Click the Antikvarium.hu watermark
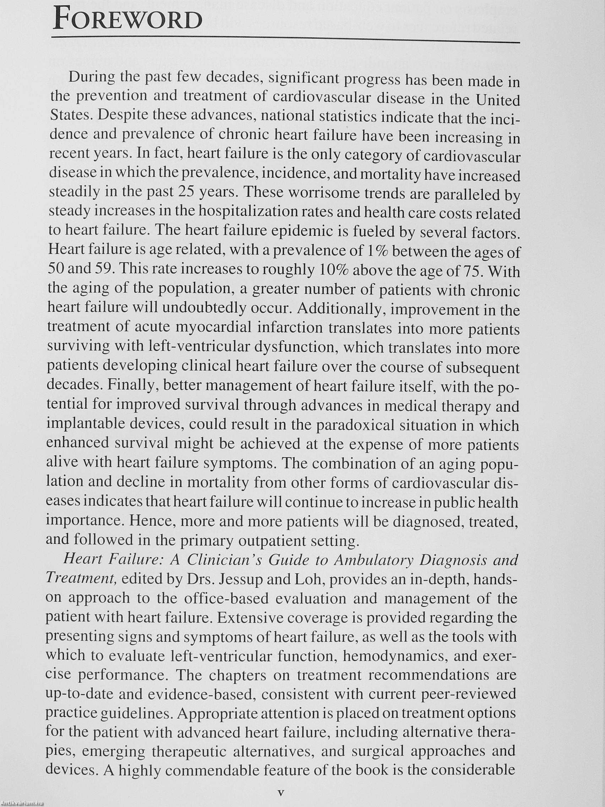pos(22,803)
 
